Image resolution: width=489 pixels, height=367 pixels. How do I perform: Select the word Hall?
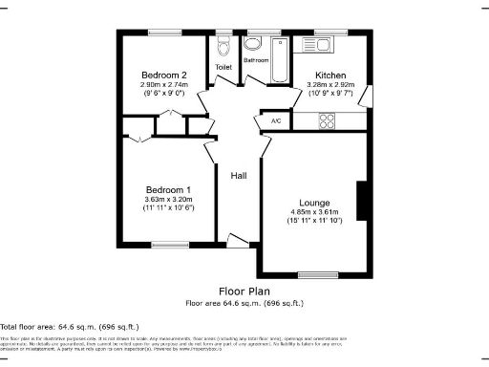pos(239,175)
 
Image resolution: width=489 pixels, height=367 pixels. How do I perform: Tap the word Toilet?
pos(223,68)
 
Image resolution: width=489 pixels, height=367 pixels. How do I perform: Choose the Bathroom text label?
pos(256,60)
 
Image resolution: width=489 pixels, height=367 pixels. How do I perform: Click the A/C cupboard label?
pos(276,121)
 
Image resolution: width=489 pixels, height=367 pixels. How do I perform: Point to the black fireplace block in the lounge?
pos(362,202)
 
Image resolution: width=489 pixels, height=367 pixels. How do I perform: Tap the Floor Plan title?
pos(244,291)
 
